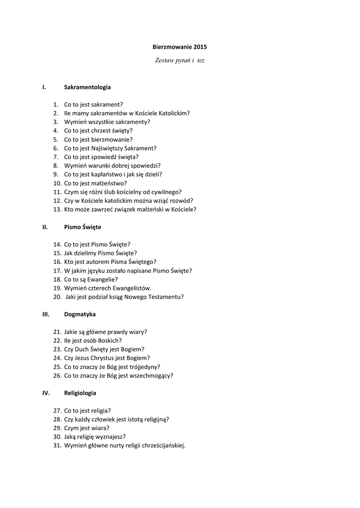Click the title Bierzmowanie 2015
point(179,47)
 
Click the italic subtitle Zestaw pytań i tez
point(179,61)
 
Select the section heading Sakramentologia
point(87,87)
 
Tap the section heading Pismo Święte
point(82,227)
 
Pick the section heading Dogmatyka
point(80,314)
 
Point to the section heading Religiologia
point(80,393)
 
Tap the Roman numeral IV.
point(46,393)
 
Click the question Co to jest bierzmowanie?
point(98,139)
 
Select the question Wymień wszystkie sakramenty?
point(107,122)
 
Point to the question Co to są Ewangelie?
point(91,279)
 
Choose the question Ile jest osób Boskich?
point(93,340)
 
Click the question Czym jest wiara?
point(87,428)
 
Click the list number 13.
point(57,209)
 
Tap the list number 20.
point(57,297)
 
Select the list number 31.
point(57,445)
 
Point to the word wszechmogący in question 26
point(151,376)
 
